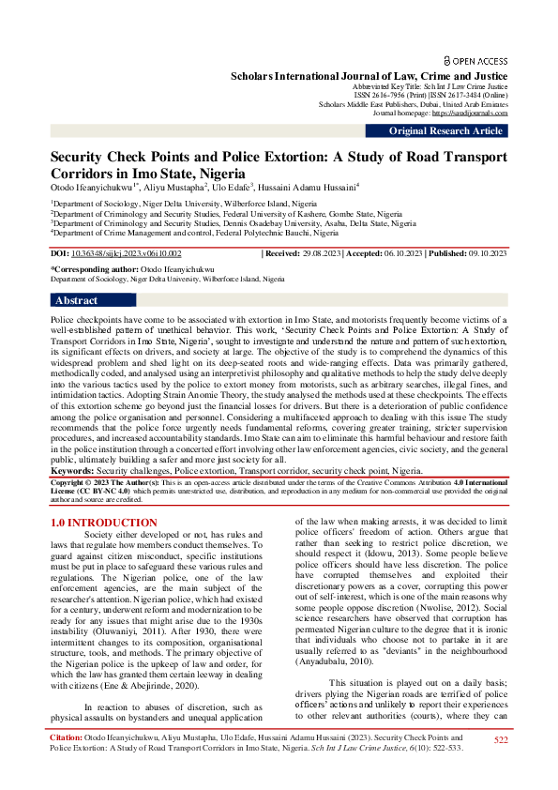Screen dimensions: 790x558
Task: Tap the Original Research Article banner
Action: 445,130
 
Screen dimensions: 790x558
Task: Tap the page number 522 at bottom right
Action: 501,767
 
